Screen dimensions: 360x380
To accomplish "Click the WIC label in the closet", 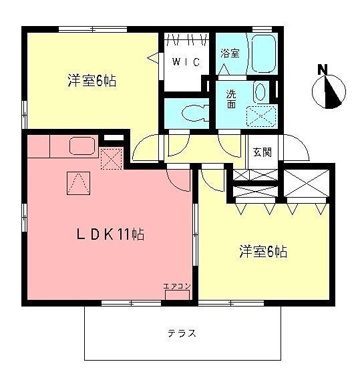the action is pos(186,62).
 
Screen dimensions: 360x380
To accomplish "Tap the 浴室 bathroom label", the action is pos(230,53).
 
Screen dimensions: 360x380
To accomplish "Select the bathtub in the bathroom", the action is pos(264,53).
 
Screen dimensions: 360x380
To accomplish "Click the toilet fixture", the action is pos(194,113).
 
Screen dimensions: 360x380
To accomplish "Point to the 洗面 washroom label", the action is pos(231,99).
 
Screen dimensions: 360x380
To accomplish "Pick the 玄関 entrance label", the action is pos(262,152).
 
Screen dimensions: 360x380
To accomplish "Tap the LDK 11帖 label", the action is pos(110,234).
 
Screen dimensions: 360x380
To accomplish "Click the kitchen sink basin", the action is pos(82,146).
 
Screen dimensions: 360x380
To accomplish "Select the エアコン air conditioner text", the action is pos(177,287).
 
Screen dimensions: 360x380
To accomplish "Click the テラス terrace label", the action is pos(182,333).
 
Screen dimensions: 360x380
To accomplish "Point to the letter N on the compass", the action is pos(323,69).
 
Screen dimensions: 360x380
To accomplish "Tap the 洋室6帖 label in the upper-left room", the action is pos(92,80).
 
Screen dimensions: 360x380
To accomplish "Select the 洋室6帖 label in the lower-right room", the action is pos(264,251).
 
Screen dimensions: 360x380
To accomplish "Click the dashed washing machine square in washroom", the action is pos(261,116).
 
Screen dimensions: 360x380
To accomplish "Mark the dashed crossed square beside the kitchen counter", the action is pos(111,158).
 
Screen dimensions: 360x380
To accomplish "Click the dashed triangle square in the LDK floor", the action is pos(79,183).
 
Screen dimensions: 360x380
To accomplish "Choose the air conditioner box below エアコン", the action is pos(177,295).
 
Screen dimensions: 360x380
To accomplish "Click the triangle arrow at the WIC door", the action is pos(153,57).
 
